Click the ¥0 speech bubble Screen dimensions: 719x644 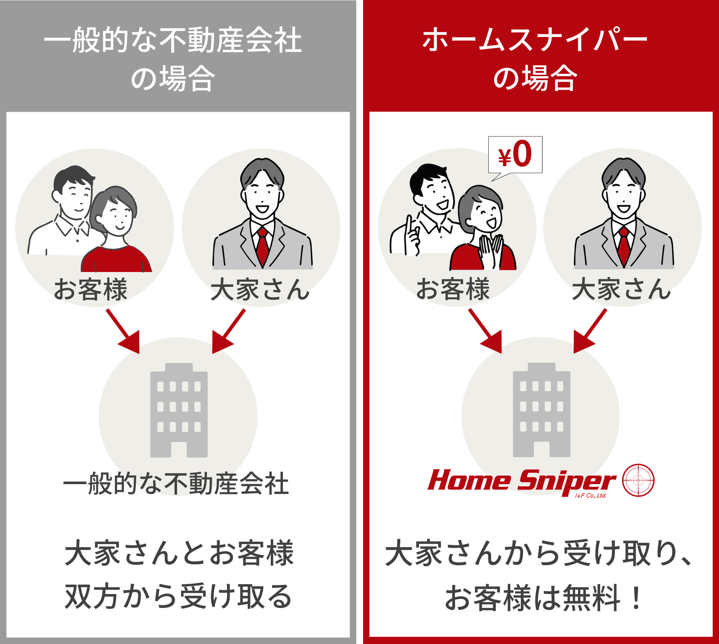515,155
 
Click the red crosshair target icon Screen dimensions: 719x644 638,480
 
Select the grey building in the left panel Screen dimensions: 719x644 179,410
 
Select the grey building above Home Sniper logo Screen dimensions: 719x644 542,410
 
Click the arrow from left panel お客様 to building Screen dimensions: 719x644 123,331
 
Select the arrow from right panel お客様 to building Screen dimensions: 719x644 486,331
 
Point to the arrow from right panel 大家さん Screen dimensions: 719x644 590,331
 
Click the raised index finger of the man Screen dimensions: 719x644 409,225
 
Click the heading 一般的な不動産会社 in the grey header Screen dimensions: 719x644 173,40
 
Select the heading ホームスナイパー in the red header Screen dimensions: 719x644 535,40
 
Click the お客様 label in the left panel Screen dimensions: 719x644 91,289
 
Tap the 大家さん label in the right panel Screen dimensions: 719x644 622,289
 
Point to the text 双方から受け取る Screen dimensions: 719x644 179,596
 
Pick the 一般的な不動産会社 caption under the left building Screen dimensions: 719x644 176,484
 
